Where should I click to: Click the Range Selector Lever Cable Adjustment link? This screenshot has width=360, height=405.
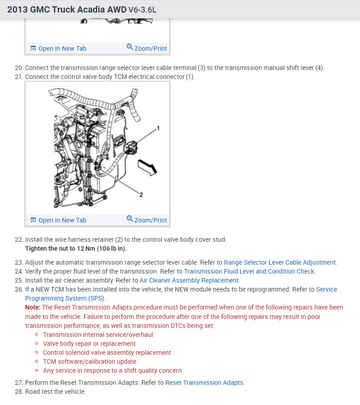tap(280, 262)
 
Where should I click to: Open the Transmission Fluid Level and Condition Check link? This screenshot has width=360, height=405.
tap(250, 271)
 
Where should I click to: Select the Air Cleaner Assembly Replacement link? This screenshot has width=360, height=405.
tap(189, 280)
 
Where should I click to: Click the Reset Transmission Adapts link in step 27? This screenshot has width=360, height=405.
tap(205, 383)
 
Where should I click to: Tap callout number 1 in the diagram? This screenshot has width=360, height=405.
tap(158, 128)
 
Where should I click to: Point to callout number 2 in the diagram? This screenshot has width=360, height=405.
tap(141, 195)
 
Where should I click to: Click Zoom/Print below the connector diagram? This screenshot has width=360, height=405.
tap(147, 220)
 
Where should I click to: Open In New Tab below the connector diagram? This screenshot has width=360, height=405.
tap(58, 220)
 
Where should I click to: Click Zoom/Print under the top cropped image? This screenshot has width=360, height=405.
tap(147, 48)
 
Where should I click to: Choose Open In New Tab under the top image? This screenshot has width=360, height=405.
tap(58, 48)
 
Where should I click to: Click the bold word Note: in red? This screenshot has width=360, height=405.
tap(33, 307)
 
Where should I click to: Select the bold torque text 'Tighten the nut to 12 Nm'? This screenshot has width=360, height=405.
tap(76, 248)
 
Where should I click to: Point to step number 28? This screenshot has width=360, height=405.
tap(18, 392)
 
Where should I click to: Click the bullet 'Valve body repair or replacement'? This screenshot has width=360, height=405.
tap(89, 344)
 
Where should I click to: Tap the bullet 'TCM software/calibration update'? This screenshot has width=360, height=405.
tap(90, 361)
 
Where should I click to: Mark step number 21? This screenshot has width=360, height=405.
tap(18, 77)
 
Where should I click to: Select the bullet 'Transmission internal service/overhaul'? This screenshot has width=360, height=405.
tap(98, 335)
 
